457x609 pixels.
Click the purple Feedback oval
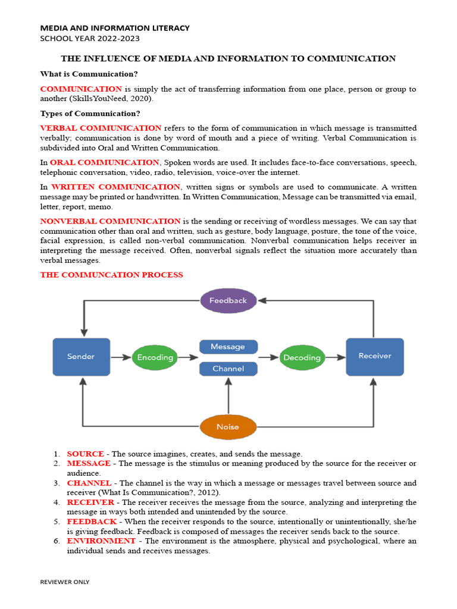pos(228,300)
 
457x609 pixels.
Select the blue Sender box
pos(81,357)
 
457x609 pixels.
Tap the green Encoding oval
pos(155,357)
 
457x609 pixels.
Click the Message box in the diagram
pos(228,347)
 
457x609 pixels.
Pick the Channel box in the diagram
pos(228,369)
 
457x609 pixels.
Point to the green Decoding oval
pos(302,357)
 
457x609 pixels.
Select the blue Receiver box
pos(374,356)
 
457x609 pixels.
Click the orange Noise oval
pos(228,426)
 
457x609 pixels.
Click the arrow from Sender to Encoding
pos(121,357)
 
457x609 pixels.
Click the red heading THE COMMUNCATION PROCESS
pos(111,275)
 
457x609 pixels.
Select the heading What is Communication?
pos(89,74)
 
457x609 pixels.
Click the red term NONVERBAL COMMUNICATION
pos(110,221)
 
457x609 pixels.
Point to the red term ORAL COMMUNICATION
pos(105,162)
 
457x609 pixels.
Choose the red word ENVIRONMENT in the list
pos(101,541)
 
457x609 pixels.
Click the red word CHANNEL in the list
pos(89,483)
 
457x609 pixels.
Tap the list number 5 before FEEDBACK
pos(57,522)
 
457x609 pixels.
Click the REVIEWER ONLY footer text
pos(64,582)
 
